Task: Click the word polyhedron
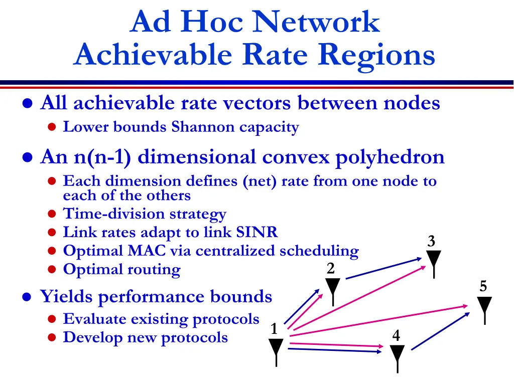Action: [x=390, y=157]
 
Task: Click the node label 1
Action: [x=274, y=329]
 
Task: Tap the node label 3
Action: [x=431, y=242]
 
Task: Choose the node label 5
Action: [x=483, y=287]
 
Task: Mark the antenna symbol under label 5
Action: [x=484, y=308]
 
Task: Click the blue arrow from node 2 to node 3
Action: [x=384, y=268]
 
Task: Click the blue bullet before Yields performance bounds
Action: [x=29, y=297]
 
